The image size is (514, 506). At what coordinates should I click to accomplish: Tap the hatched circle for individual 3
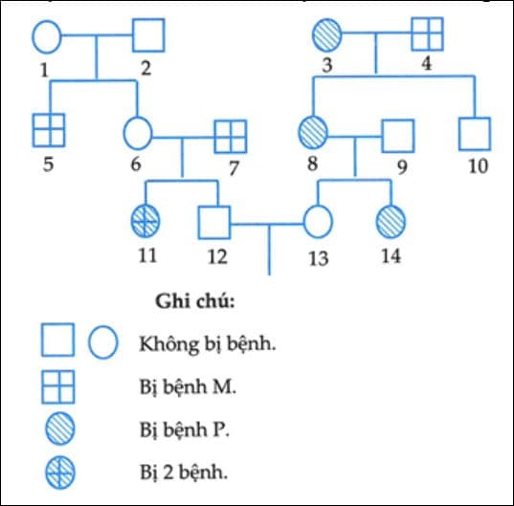point(327,36)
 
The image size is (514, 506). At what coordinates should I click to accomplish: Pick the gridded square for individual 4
point(427,35)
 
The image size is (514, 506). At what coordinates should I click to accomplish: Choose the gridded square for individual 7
point(229,136)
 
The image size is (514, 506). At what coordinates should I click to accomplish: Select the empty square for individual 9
point(397,135)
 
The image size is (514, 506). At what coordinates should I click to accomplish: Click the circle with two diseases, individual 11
point(145,222)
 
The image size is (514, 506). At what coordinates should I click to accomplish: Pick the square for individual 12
point(214,222)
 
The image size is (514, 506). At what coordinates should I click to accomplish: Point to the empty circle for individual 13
point(318,222)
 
